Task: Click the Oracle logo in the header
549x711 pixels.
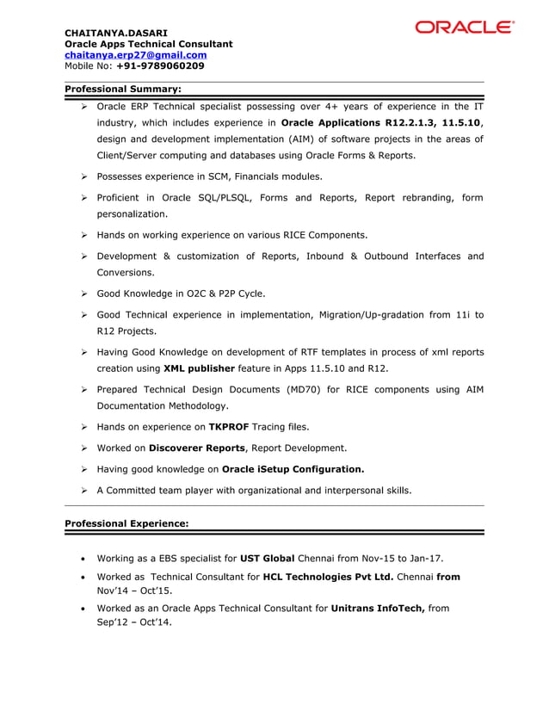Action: click(464, 28)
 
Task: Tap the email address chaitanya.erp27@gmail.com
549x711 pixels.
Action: click(136, 54)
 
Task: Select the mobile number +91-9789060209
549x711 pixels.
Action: click(160, 65)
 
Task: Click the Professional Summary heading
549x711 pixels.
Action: click(123, 88)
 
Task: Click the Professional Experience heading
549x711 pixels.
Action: click(126, 523)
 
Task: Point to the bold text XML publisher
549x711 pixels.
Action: click(199, 368)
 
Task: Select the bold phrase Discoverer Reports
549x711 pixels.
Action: click(198, 448)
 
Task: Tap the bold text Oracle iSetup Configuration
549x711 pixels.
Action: click(293, 469)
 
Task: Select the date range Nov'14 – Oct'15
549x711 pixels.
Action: click(133, 592)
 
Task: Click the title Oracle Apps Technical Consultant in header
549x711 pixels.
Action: click(149, 44)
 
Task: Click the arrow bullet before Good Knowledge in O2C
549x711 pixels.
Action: click(85, 294)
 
